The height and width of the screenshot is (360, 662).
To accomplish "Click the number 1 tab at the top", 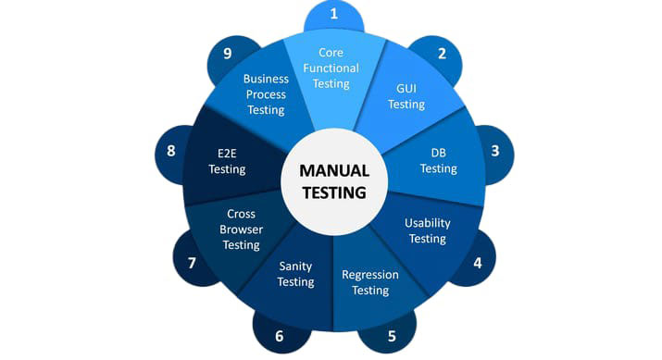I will (333, 15).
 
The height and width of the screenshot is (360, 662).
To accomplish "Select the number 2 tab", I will (442, 54).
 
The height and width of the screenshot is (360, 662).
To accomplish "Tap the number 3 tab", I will (495, 151).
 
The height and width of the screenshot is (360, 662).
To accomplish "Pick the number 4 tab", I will (478, 262).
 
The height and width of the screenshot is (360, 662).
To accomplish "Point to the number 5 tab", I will (391, 336).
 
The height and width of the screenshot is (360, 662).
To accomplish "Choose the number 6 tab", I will (279, 336).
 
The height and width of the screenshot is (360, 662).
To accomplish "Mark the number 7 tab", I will (192, 263).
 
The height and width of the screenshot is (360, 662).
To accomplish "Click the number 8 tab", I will (171, 151).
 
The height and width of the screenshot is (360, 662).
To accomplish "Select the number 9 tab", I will (227, 54).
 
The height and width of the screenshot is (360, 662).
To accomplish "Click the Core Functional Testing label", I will (331, 68).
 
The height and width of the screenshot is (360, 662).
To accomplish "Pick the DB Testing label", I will (438, 161).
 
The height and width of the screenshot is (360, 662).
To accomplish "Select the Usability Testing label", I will (427, 230).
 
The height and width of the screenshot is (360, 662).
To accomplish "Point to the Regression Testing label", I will (370, 282).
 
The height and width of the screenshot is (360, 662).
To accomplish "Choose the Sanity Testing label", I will (296, 274).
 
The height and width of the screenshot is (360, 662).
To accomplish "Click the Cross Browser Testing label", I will (241, 230).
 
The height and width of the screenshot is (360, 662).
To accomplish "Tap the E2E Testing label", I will (227, 161).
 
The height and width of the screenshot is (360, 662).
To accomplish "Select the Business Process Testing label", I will (266, 94).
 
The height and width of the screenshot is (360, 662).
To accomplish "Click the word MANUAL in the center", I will (334, 171).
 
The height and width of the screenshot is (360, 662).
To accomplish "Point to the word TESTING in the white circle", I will (334, 193).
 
